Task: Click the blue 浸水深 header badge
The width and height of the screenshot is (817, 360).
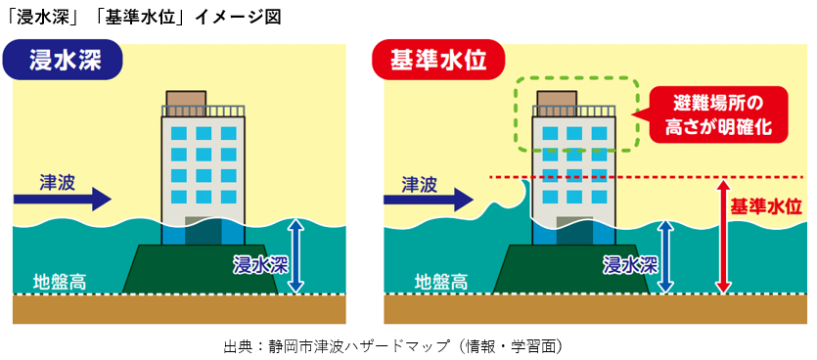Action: (x=67, y=61)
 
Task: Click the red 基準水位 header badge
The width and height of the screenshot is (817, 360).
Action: (x=438, y=61)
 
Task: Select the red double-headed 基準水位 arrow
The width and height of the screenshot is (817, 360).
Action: (x=723, y=236)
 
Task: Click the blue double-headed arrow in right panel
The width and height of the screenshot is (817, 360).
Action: (x=666, y=255)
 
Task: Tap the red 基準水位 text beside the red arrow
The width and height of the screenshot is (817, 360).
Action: (x=767, y=206)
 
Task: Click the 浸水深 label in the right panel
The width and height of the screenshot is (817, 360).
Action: (x=628, y=263)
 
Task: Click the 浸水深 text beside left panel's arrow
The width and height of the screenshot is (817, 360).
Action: (x=258, y=263)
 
